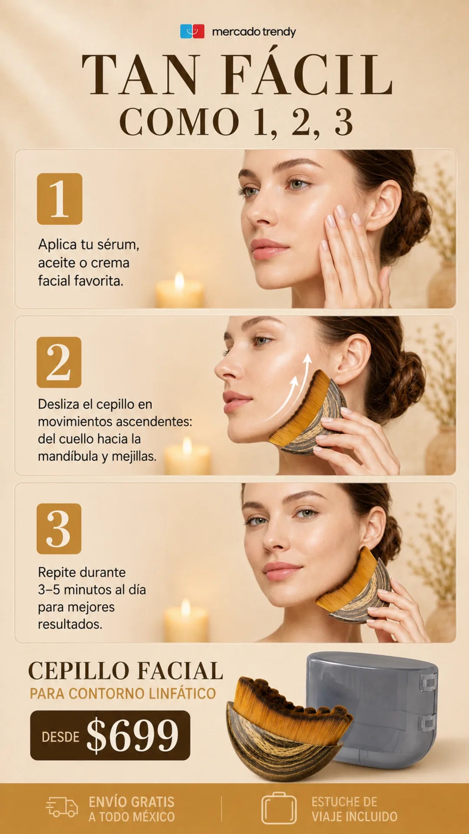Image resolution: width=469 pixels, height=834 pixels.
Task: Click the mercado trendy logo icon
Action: pos(192,31)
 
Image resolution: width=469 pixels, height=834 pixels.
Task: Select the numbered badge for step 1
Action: pos(59,199)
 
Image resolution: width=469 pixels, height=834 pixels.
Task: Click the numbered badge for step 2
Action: pos(59,362)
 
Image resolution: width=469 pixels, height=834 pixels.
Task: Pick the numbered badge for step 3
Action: pos(59,529)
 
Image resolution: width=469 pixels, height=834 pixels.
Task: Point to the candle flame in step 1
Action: pos(179,281)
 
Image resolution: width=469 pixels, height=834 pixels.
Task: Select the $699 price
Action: pos(132,735)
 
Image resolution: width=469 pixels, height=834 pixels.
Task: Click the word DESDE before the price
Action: pos(60,737)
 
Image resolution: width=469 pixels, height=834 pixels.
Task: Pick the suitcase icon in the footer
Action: pos(279,808)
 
